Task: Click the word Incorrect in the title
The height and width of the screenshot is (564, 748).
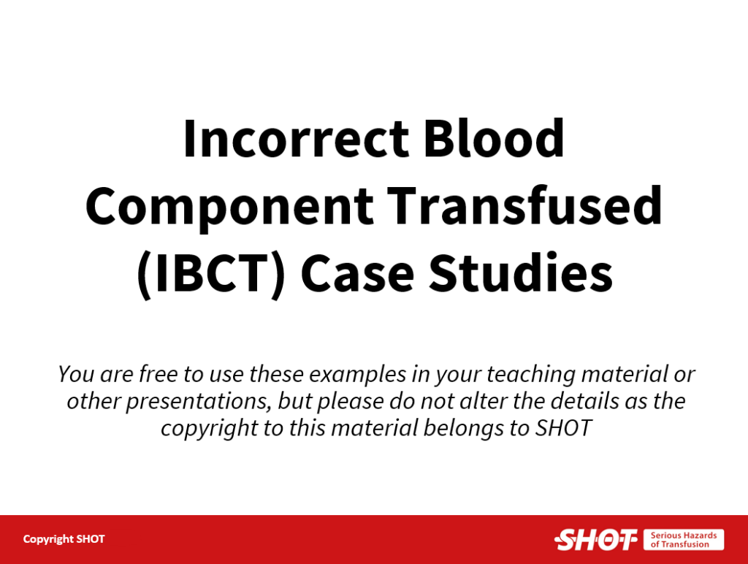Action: click(x=296, y=138)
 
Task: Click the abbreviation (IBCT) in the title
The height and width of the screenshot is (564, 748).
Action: click(x=211, y=273)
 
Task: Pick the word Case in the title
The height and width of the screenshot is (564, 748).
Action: click(x=357, y=273)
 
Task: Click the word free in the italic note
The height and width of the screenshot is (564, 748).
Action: click(x=158, y=373)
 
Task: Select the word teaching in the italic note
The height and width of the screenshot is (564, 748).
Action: click(x=531, y=375)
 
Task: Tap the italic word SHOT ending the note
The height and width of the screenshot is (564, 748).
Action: click(x=563, y=428)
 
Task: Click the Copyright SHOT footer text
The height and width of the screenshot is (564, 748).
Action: click(x=64, y=539)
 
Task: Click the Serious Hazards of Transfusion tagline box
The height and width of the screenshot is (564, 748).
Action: click(x=684, y=540)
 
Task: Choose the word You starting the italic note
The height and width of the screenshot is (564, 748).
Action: click(x=76, y=373)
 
